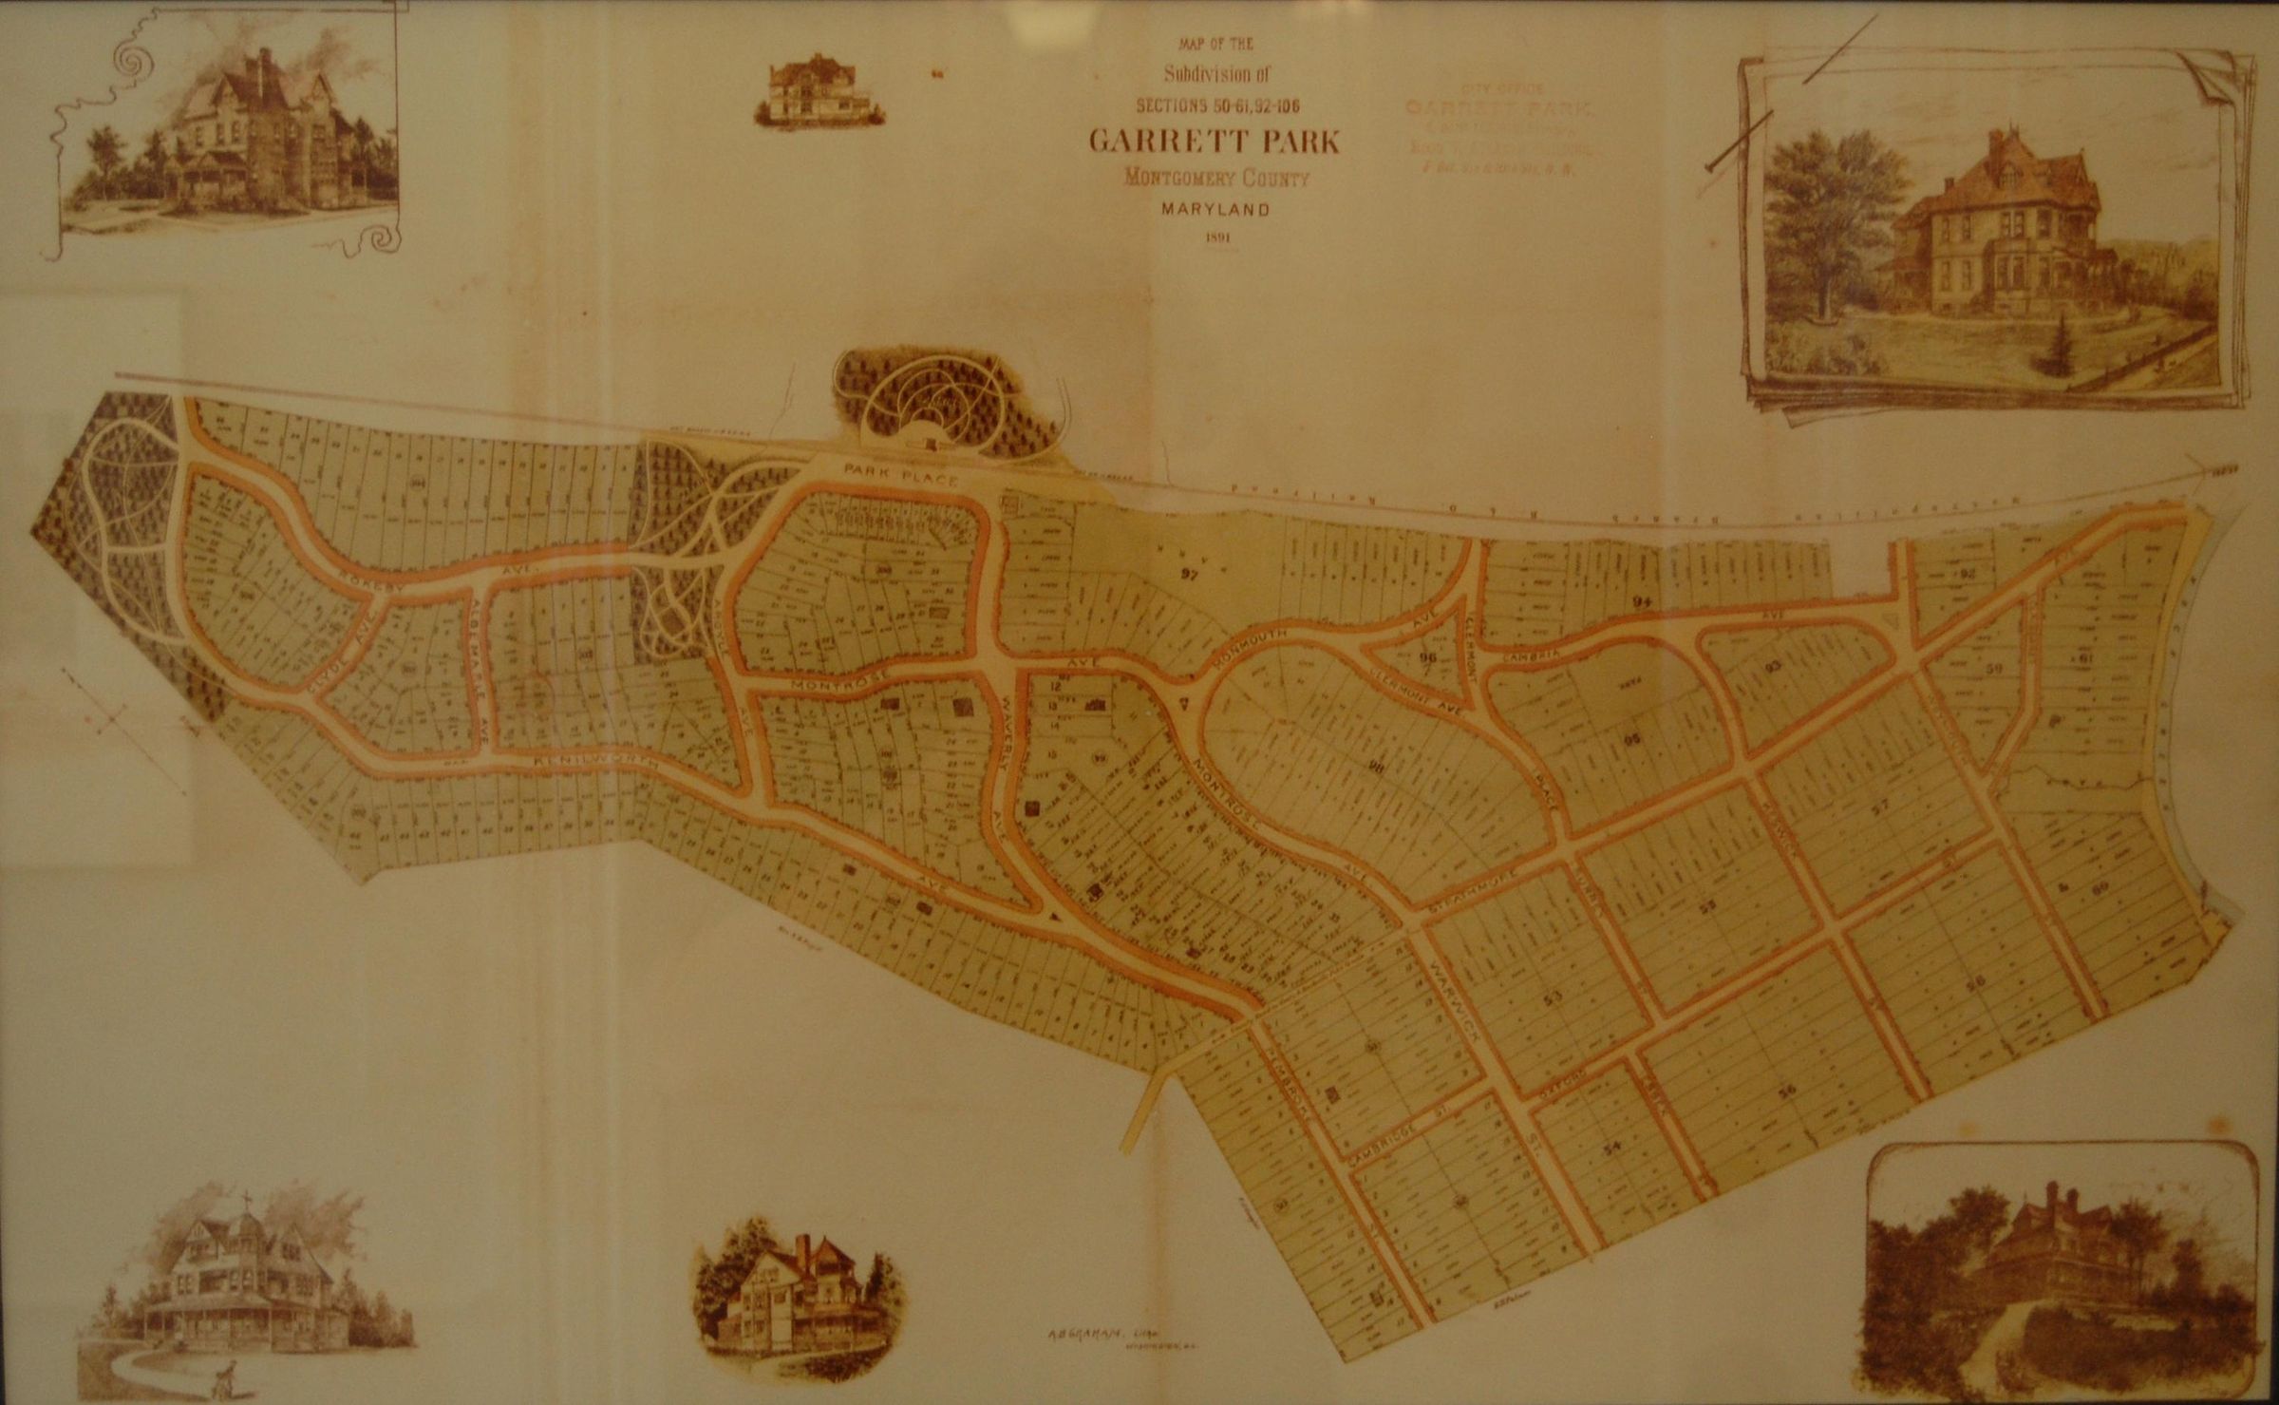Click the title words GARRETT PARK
(1214, 142)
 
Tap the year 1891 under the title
(1216, 239)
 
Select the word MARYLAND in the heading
(1215, 210)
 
